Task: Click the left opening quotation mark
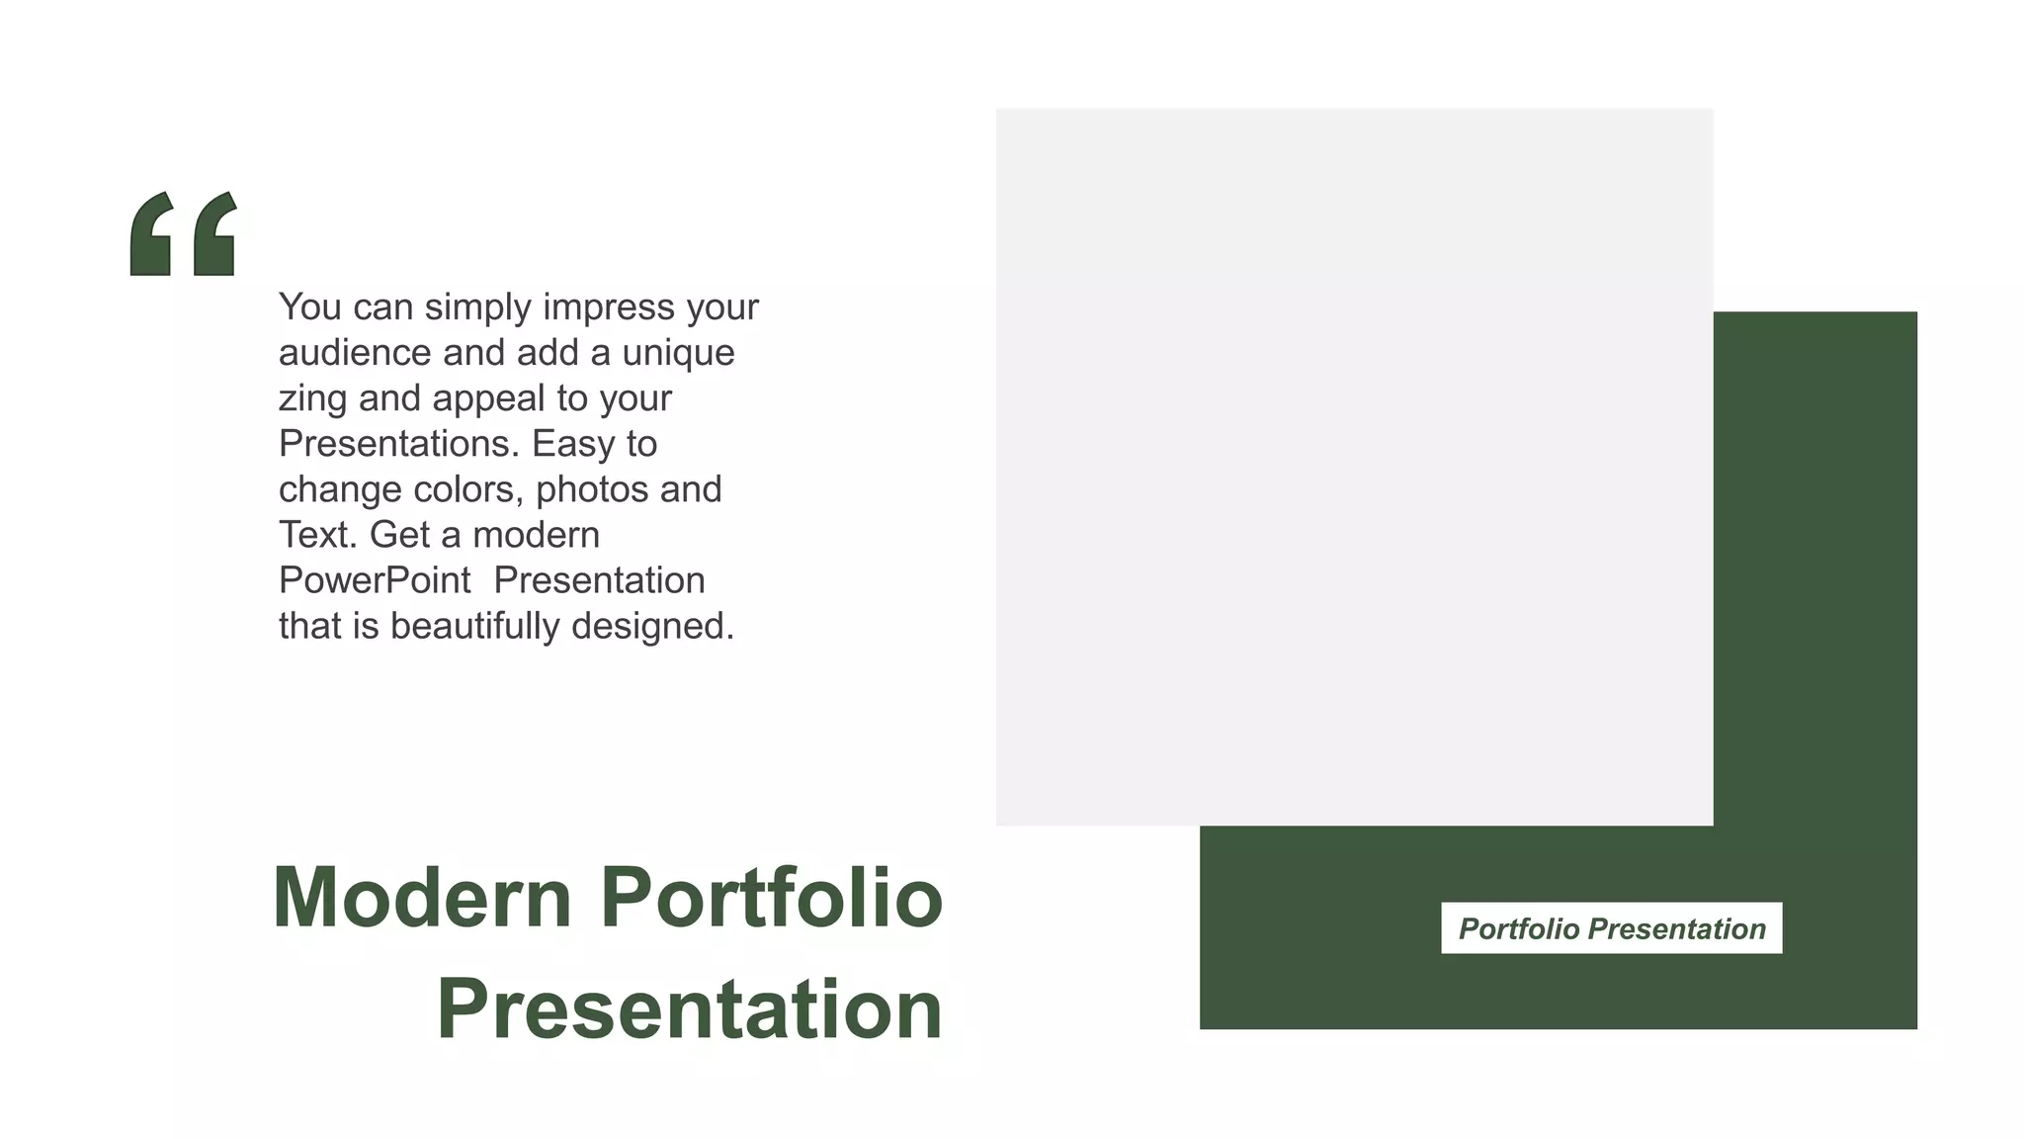pyautogui.click(x=152, y=234)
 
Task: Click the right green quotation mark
pyautogui.click(x=215, y=234)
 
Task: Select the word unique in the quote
pyautogui.click(x=678, y=353)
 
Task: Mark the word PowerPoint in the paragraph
pyautogui.click(x=375, y=580)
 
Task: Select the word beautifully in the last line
pyautogui.click(x=474, y=626)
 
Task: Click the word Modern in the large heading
pyautogui.click(x=422, y=898)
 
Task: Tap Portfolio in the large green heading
pyautogui.click(x=772, y=898)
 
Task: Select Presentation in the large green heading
pyautogui.click(x=690, y=1009)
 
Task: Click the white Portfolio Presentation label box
pyautogui.click(x=1611, y=927)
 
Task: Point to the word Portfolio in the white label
pyautogui.click(x=1519, y=929)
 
